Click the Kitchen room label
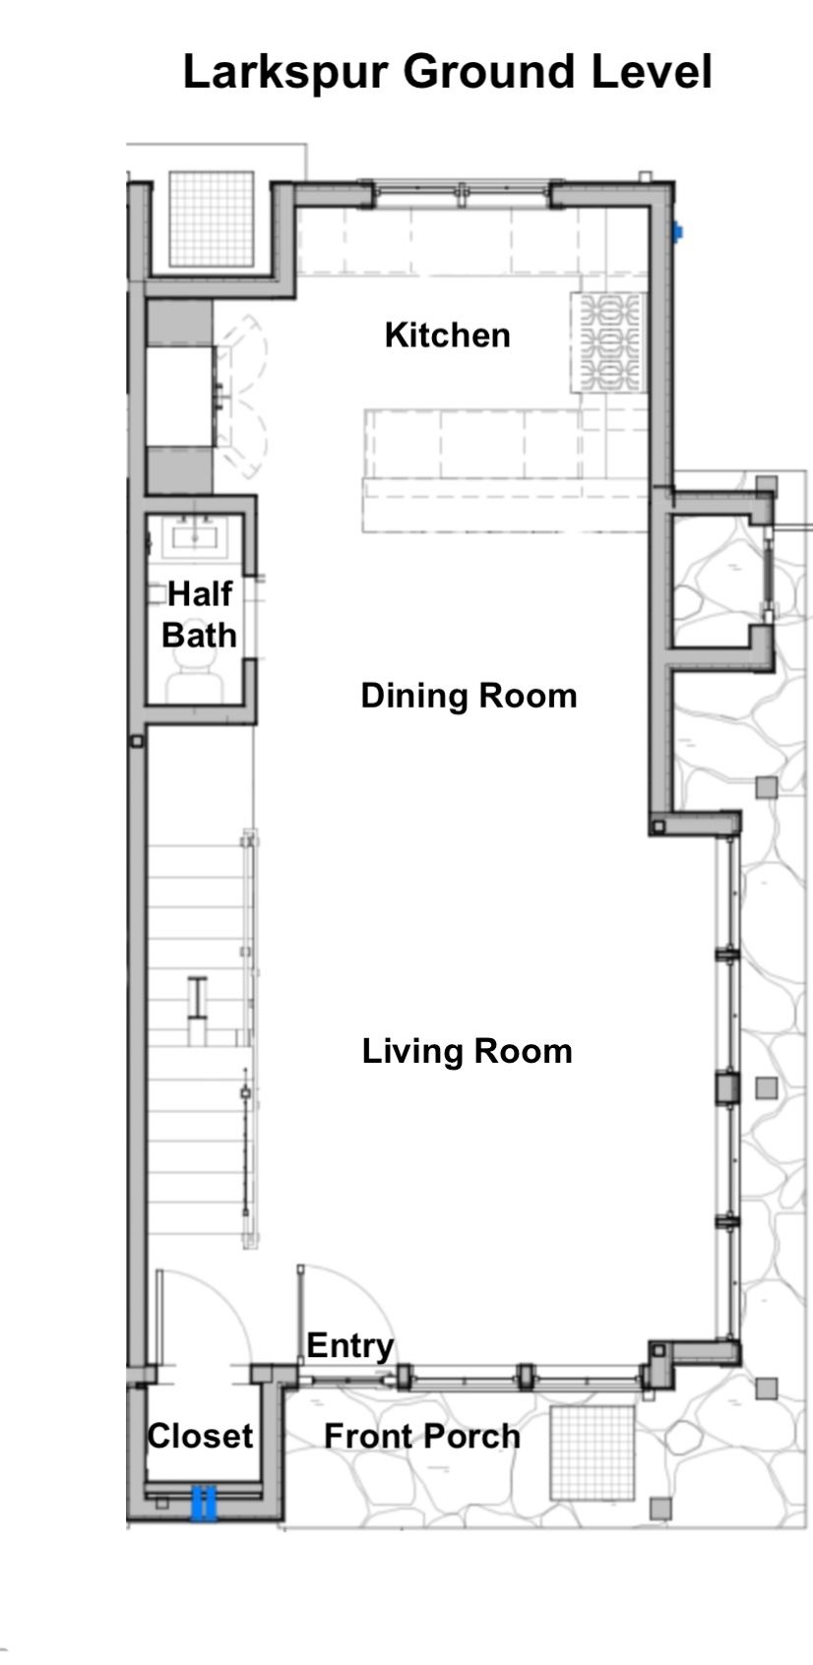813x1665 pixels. [448, 336]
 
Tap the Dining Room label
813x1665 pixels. [469, 697]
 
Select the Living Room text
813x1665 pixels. [468, 1052]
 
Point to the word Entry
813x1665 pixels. [350, 1346]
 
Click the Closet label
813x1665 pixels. [201, 1436]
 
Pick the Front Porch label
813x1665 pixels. [422, 1436]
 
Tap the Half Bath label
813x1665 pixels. [199, 615]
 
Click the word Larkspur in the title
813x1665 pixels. [286, 73]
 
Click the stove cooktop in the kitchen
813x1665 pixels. [608, 342]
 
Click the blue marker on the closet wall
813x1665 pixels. [204, 1502]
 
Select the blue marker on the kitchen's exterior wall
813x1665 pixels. [677, 232]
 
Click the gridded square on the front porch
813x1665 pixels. [593, 1452]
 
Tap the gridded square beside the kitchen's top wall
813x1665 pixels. [212, 218]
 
